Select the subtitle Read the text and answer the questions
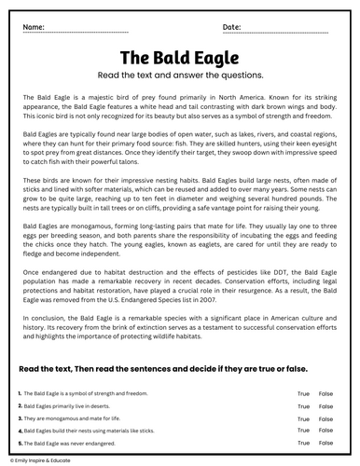click(180, 75)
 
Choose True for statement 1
click(303, 395)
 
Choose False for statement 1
click(325, 395)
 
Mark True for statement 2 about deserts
click(303, 406)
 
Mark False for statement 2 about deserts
click(325, 406)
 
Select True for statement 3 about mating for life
click(303, 418)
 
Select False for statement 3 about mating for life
click(325, 418)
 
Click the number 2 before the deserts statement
click(20, 406)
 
